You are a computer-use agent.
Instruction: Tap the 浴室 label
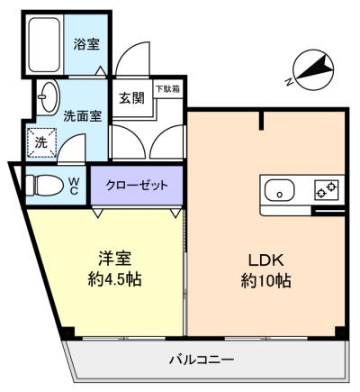[x=86, y=44]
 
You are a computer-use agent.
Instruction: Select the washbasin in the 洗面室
[x=48, y=96]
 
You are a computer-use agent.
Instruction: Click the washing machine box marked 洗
[x=41, y=142]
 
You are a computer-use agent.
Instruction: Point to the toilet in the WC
[x=44, y=186]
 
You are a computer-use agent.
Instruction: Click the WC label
[x=74, y=186]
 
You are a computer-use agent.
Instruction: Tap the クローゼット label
[x=137, y=186]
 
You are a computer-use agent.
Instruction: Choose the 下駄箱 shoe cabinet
[x=168, y=89]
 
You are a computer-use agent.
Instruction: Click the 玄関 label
[x=132, y=98]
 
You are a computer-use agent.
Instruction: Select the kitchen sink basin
[x=280, y=190]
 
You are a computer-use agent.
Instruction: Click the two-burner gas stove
[x=327, y=190]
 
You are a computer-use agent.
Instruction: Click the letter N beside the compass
[x=289, y=81]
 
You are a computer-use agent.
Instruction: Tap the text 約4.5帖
[x=114, y=279]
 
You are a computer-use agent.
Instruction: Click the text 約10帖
[x=265, y=281]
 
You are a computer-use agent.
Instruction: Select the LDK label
[x=266, y=260]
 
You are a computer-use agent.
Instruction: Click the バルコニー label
[x=202, y=359]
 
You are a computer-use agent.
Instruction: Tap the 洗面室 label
[x=83, y=116]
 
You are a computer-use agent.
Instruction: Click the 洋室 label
[x=115, y=259]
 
